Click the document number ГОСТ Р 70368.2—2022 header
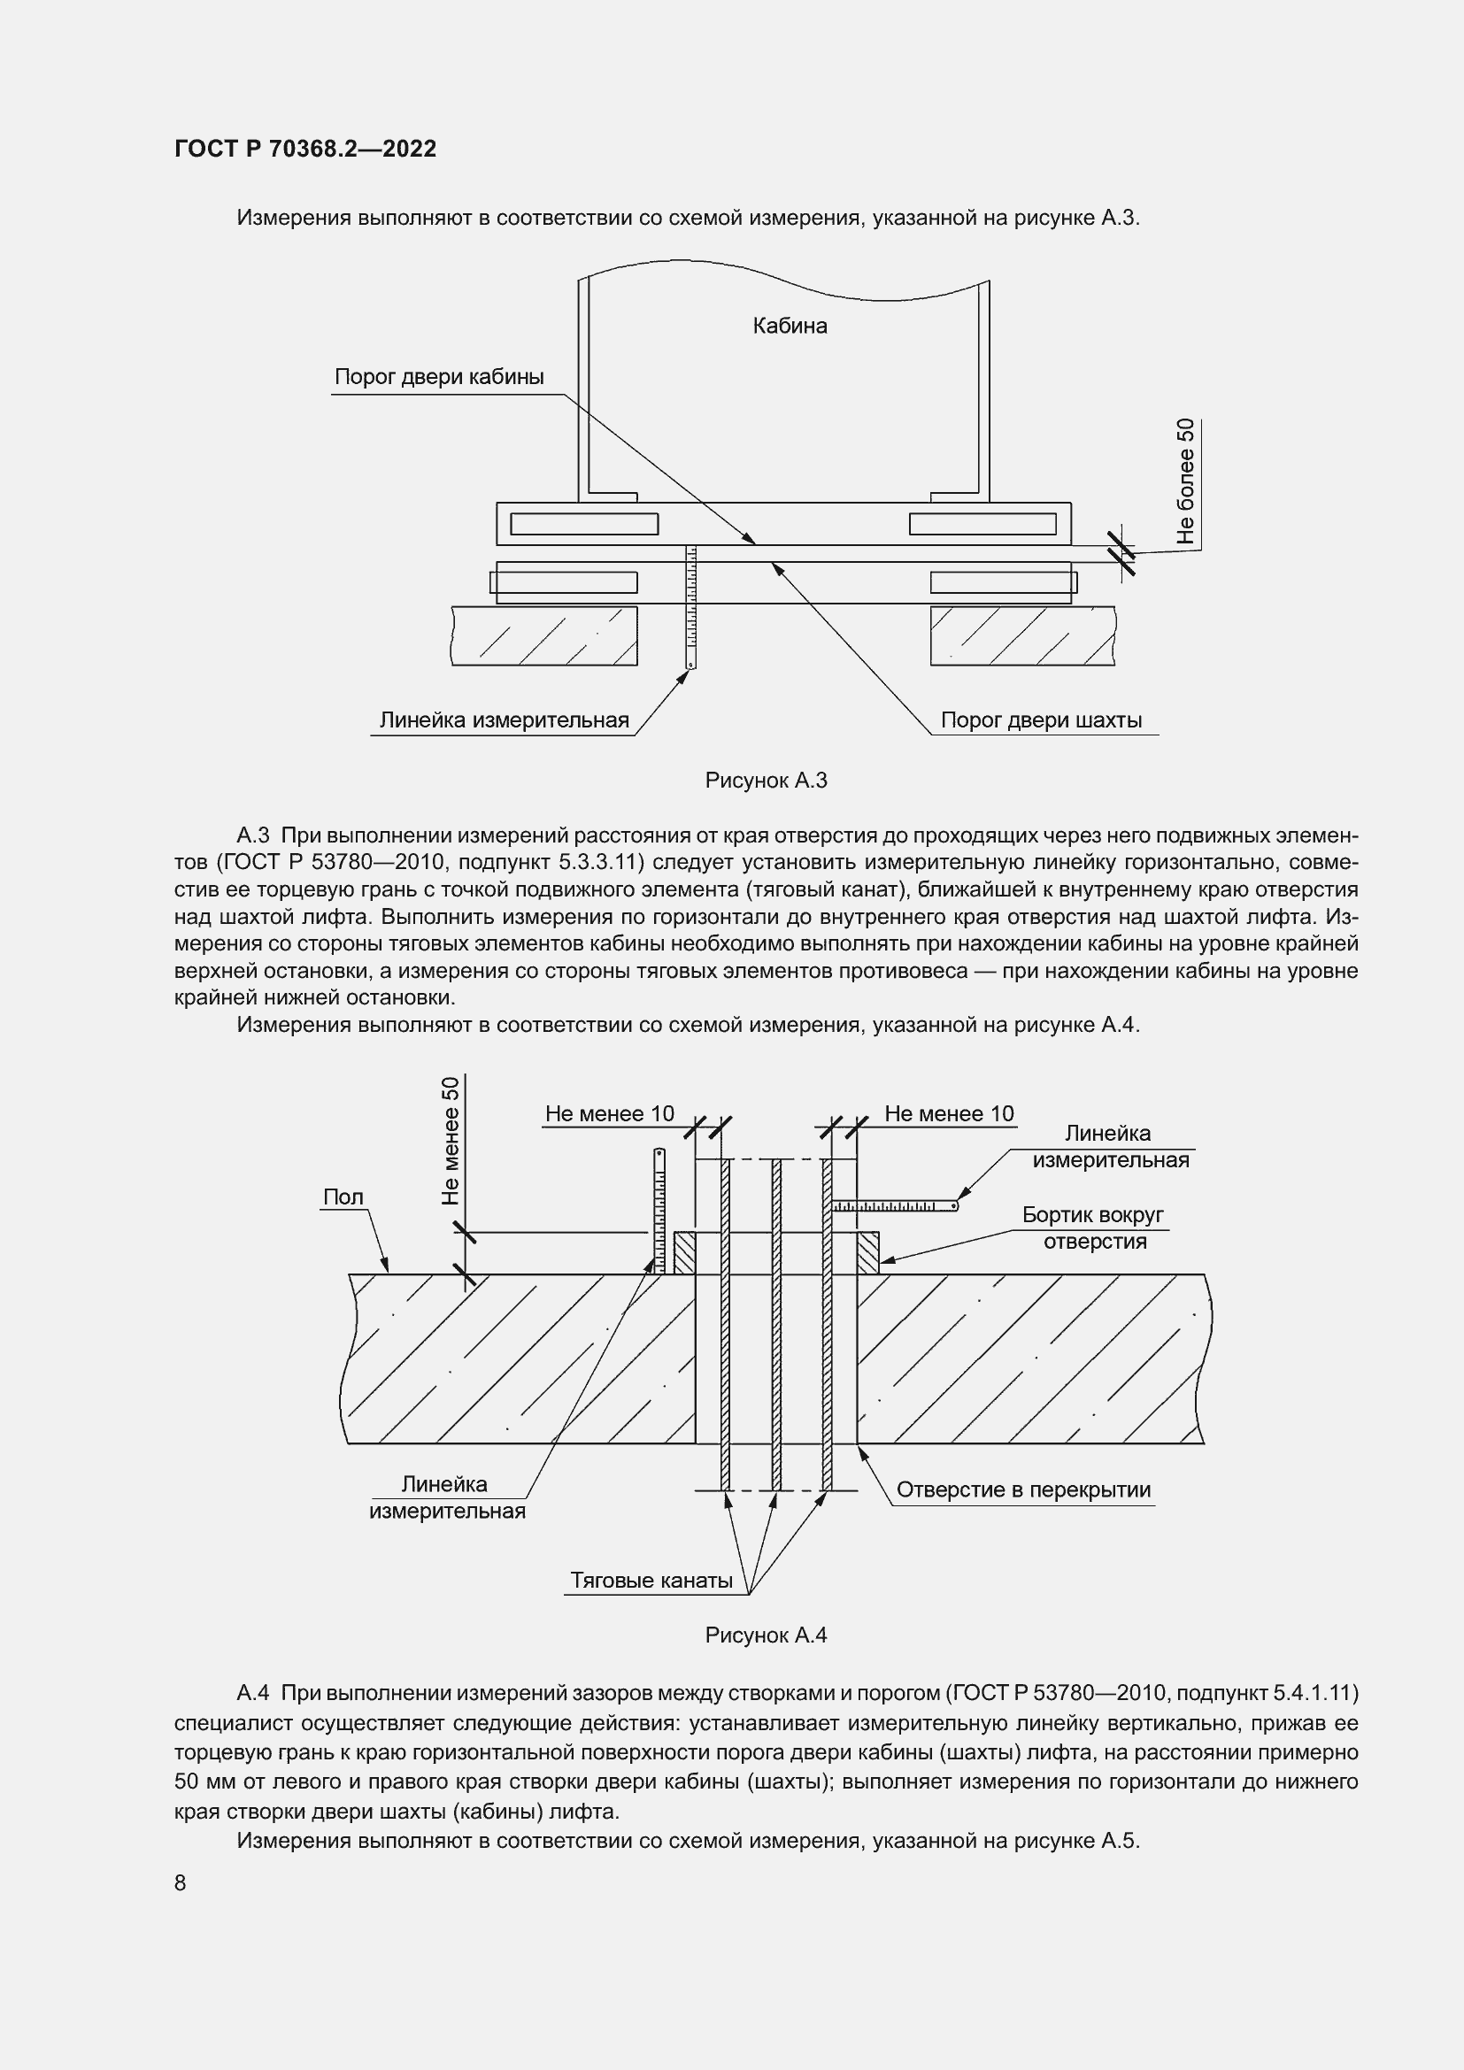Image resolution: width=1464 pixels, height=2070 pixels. [304, 149]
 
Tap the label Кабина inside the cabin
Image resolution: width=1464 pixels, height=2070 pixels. [790, 326]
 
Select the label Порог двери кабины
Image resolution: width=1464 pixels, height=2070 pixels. [439, 377]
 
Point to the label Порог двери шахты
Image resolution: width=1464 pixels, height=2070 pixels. [1041, 720]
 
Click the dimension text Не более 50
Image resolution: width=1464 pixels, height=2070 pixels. [1185, 481]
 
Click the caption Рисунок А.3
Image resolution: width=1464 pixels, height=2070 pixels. [766, 781]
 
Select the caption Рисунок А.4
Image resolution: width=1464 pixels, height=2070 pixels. [766, 1635]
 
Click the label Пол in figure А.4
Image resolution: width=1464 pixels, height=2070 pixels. [343, 1197]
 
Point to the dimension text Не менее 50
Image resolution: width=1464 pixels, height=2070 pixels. [450, 1141]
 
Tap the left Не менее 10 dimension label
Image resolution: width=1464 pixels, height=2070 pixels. [609, 1113]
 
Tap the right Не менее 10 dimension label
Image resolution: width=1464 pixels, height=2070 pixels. [948, 1113]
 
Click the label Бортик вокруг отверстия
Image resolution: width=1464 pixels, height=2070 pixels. [1093, 1228]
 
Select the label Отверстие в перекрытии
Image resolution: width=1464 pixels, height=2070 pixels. [1023, 1489]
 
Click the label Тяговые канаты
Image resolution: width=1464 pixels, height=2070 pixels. [651, 1581]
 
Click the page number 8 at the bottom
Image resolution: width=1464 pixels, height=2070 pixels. [181, 1882]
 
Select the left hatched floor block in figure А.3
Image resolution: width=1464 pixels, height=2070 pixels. [543, 635]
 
